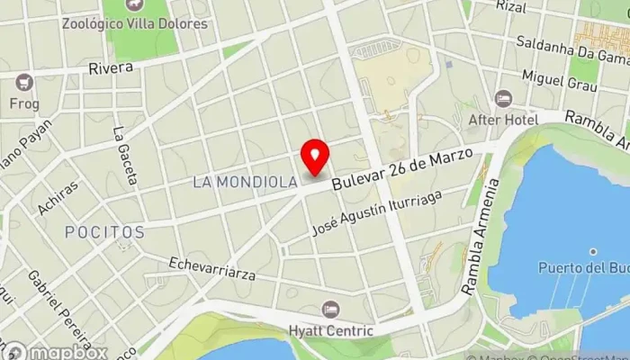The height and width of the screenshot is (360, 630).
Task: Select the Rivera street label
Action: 111,67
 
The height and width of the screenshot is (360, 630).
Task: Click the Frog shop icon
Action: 24,83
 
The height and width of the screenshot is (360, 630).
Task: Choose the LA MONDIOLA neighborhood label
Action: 246,182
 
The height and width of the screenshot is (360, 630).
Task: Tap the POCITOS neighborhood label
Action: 104,232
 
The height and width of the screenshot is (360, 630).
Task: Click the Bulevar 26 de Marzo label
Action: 401,169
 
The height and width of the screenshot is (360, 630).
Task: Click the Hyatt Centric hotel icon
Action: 331,309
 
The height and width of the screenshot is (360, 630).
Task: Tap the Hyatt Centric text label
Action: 331,331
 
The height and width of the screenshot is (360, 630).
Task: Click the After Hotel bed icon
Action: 503,97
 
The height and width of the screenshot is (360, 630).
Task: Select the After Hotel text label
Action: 503,119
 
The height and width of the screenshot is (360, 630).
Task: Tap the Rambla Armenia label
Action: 480,238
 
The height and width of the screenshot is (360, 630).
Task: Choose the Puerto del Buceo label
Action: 583,267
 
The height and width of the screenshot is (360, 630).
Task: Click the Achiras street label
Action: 58,198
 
